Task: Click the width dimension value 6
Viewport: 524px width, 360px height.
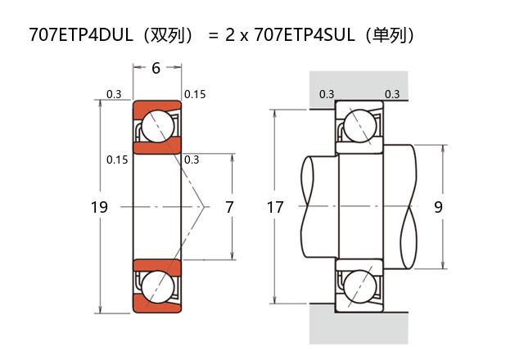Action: [x=156, y=69]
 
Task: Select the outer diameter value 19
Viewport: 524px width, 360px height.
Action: [x=99, y=208]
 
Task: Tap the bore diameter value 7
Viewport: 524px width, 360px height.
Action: [x=229, y=208]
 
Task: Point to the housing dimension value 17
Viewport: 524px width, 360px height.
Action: [x=275, y=208]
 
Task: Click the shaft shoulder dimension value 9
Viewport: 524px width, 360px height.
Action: [x=438, y=208]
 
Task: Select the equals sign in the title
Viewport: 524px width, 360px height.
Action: [x=213, y=36]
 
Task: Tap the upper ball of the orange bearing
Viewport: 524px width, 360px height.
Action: [x=156, y=128]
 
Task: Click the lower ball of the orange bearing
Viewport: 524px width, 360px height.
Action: [x=156, y=286]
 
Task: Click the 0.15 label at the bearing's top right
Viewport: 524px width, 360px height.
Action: [x=195, y=94]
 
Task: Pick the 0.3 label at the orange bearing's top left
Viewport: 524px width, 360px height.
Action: [x=114, y=94]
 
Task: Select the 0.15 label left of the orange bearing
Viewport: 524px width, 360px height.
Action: [x=117, y=160]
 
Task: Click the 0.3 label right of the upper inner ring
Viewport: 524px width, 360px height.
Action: [x=192, y=160]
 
